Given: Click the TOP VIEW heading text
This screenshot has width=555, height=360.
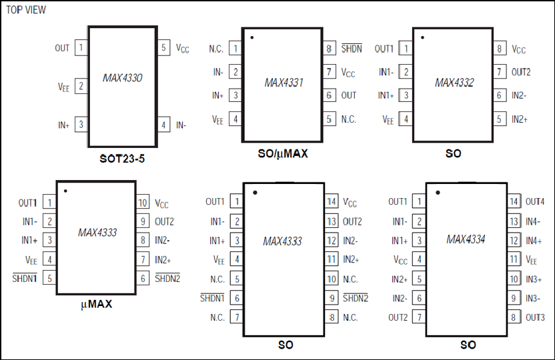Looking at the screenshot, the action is click(x=26, y=9).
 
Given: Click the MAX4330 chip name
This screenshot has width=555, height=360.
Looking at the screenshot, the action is click(x=123, y=78).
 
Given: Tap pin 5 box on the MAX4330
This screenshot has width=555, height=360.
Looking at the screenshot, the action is click(x=163, y=47).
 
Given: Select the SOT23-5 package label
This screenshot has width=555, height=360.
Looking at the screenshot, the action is click(x=122, y=159).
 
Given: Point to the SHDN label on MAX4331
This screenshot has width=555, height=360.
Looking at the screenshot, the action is click(x=352, y=49).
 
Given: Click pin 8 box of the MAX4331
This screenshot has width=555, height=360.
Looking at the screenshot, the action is click(x=329, y=49).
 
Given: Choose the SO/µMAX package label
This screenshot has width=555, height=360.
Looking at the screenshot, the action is click(x=283, y=154).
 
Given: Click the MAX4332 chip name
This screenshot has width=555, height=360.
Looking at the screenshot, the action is click(x=454, y=83).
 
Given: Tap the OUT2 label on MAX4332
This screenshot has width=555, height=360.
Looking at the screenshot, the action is click(x=521, y=72).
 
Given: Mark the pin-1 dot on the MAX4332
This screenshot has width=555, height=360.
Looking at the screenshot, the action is click(x=422, y=37).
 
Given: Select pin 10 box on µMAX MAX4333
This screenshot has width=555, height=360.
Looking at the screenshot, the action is click(x=143, y=203).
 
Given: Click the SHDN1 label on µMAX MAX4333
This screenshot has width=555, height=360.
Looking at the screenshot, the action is click(x=25, y=278).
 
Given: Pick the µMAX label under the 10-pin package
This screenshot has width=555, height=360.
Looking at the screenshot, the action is click(x=96, y=304).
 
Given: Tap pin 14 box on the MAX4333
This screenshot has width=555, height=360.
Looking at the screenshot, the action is click(x=332, y=201).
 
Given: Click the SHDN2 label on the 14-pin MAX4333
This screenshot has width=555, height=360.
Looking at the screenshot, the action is click(x=356, y=298).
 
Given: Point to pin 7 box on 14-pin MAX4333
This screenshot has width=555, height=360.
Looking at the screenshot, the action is click(x=237, y=317).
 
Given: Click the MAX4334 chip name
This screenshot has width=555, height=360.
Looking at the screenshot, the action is click(x=466, y=239).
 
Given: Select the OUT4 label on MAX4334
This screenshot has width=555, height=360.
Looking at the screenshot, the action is click(x=535, y=201).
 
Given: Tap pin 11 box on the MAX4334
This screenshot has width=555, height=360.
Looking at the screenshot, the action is click(x=514, y=259).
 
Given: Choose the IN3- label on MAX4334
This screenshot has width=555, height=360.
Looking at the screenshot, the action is click(x=533, y=299).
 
